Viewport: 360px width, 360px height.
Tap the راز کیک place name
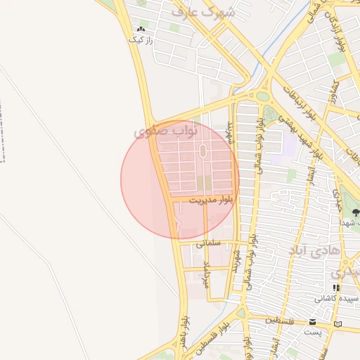coord(140,40)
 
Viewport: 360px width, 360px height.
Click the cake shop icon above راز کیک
coord(141,30)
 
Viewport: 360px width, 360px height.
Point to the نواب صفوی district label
coord(166,131)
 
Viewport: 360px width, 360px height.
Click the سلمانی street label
coord(208,243)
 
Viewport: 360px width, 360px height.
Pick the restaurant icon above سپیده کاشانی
coord(337,288)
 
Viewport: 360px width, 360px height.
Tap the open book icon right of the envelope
coord(338,323)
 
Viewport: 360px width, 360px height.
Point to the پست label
coord(313,331)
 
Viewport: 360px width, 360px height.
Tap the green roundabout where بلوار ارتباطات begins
coord(262,96)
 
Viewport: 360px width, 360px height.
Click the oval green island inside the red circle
coord(202,150)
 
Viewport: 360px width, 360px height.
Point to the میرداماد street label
coord(207,274)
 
